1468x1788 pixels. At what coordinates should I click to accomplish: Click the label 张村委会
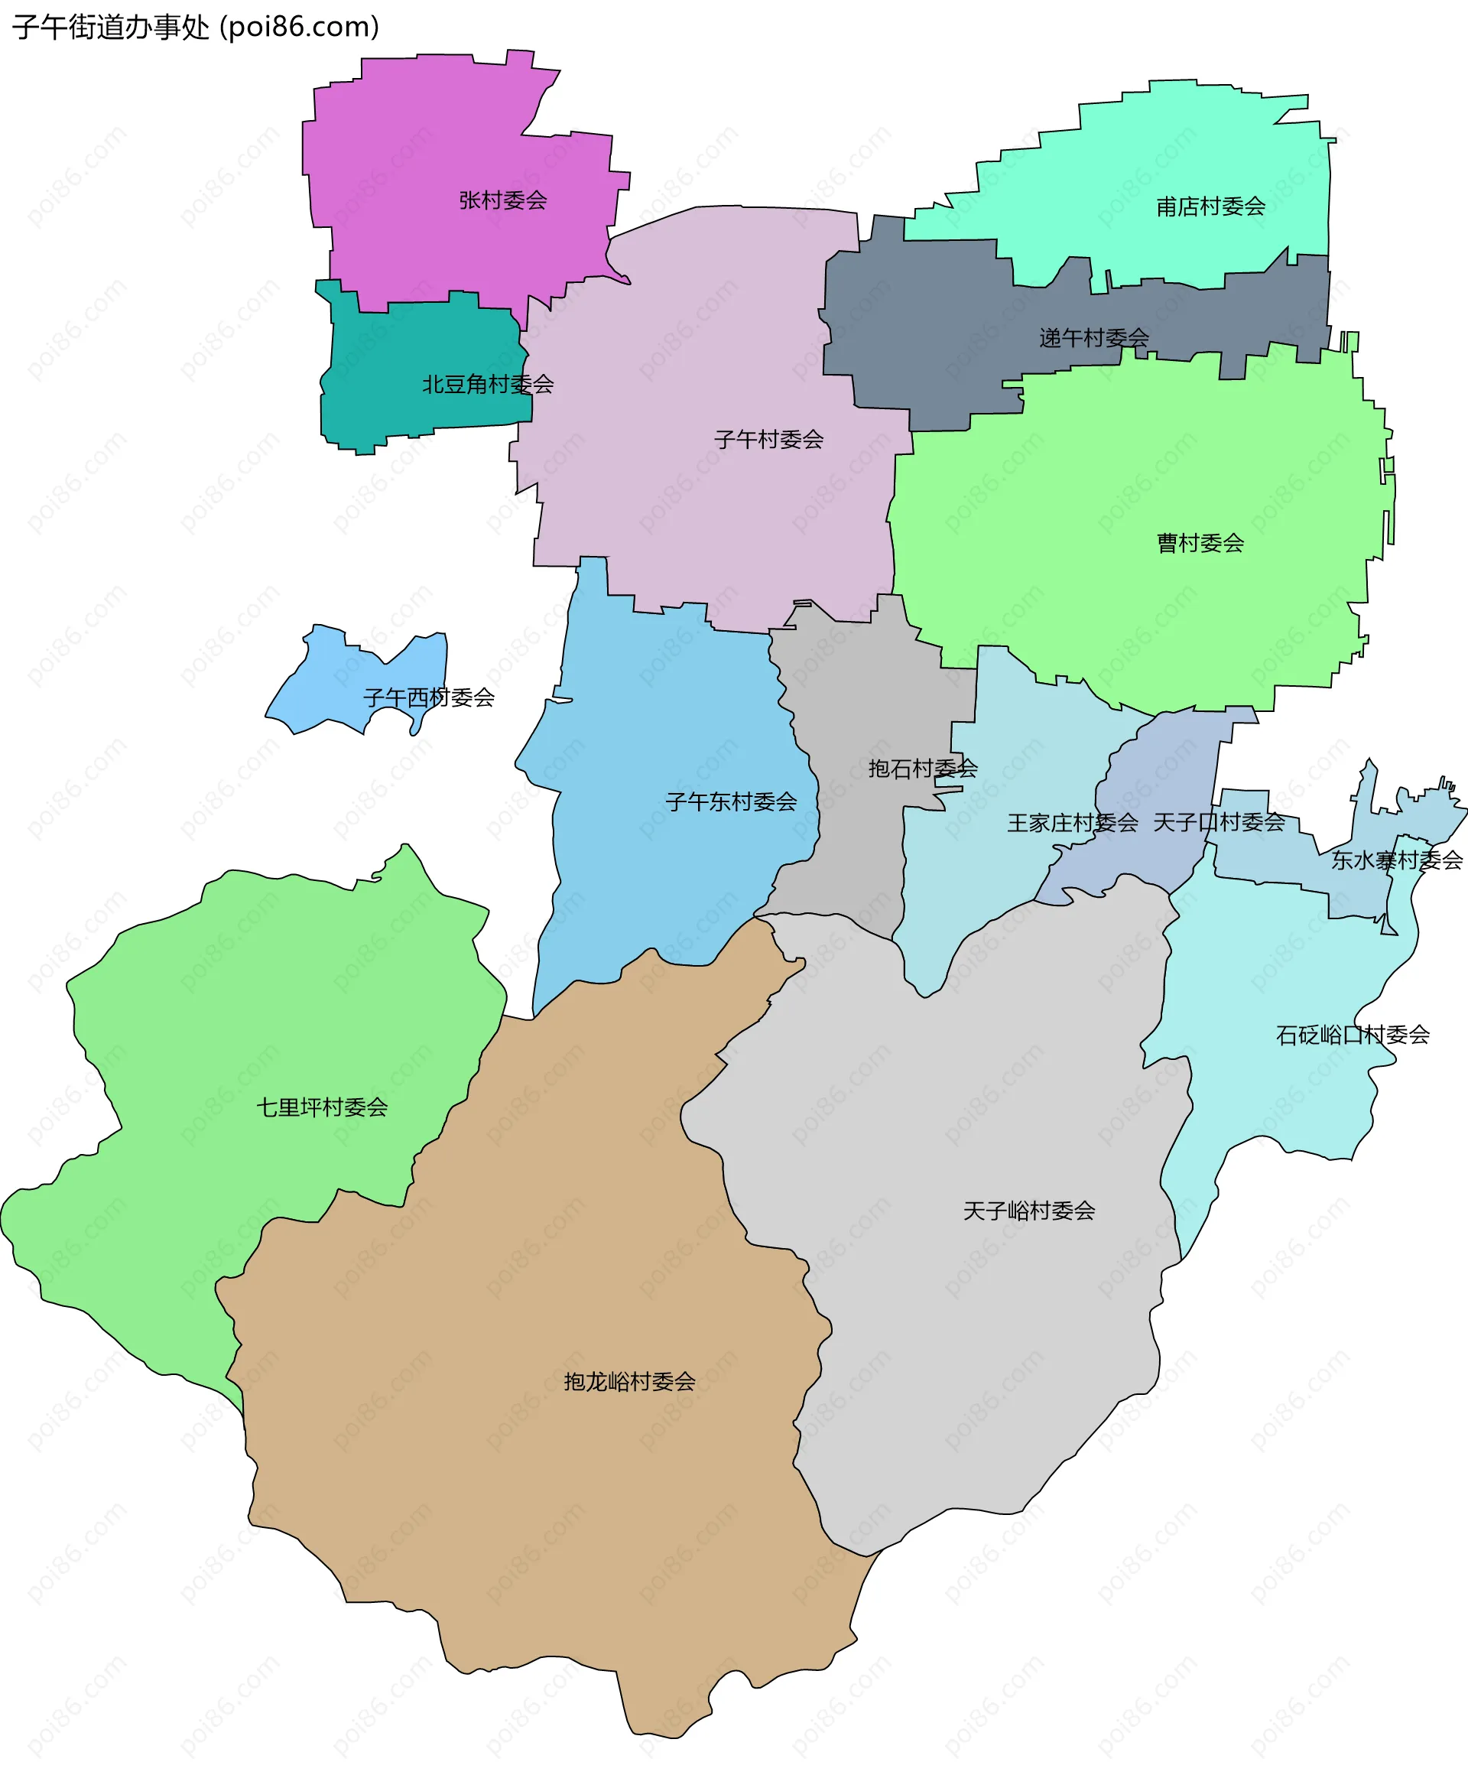click(x=502, y=200)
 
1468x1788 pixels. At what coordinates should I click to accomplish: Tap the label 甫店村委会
click(x=1210, y=206)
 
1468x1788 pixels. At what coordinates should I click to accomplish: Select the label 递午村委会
click(x=1093, y=338)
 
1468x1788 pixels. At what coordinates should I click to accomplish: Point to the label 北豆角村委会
click(x=488, y=385)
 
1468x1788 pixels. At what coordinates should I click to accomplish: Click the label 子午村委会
click(x=768, y=440)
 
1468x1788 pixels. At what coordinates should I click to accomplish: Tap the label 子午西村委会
click(x=429, y=697)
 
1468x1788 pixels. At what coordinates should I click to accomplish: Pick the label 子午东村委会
click(x=731, y=801)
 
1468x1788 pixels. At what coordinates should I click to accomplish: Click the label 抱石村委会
click(x=923, y=769)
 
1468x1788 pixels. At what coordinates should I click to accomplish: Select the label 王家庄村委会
click(x=1072, y=823)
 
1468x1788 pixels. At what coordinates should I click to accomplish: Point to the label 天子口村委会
click(x=1219, y=822)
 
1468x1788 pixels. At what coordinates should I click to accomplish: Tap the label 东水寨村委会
click(x=1397, y=860)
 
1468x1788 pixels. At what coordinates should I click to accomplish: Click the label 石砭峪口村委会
click(x=1352, y=1035)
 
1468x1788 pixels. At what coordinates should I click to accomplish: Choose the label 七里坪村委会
click(x=322, y=1107)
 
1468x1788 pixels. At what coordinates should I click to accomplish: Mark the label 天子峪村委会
click(x=1029, y=1211)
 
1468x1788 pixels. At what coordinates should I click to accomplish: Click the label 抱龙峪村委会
click(x=629, y=1382)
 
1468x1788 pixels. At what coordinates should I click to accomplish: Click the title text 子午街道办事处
click(x=111, y=27)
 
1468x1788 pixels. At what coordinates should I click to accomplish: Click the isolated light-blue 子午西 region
click(x=338, y=685)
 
